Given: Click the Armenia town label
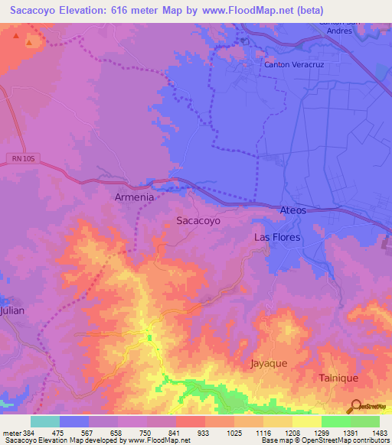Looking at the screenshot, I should point(134,197).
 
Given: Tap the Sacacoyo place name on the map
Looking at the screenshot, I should point(198,220).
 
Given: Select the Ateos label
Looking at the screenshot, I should point(293,210).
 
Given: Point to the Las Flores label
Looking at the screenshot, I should point(277,238).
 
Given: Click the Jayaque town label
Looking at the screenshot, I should point(269,363).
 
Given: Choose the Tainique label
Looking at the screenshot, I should point(338,378).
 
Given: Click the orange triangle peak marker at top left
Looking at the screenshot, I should point(30,42).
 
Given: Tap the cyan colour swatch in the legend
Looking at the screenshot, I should point(45,421).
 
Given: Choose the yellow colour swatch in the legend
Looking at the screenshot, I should point(306,421).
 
